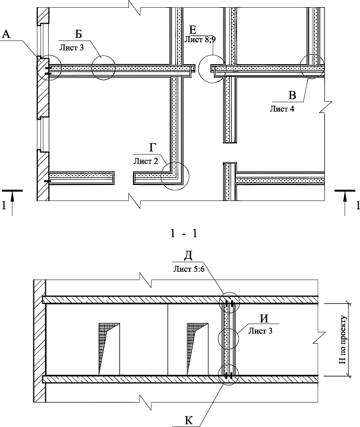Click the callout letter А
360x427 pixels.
[x=7, y=35]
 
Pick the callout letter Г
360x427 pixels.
[x=153, y=149]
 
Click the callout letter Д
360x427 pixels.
[x=188, y=256]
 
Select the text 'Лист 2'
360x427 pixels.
[x=146, y=161]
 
